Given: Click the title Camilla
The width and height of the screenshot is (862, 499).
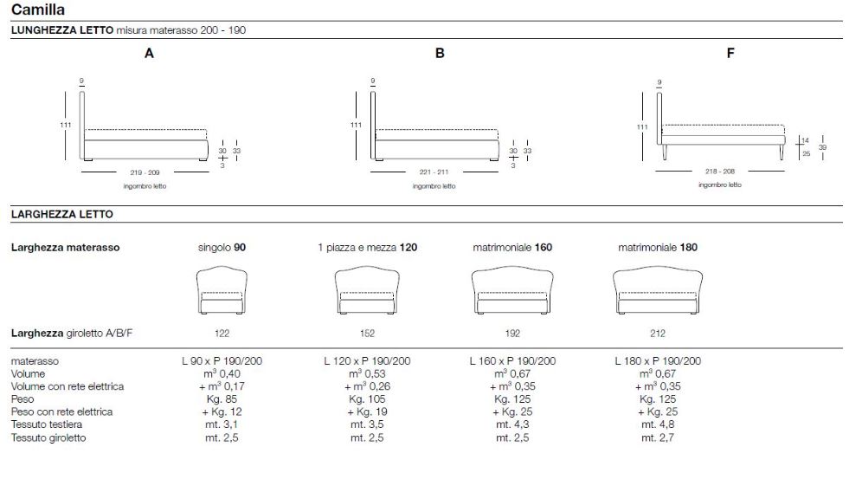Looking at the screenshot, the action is pos(38,10).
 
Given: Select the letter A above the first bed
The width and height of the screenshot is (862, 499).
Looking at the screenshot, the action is pos(149,54).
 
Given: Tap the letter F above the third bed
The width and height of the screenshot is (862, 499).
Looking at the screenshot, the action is pos(730,54).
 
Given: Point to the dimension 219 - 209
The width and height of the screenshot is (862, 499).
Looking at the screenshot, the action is pos(145,172).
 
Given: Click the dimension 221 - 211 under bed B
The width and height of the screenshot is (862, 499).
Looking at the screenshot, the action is pos(434,172).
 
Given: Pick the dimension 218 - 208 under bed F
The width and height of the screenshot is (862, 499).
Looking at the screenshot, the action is pos(720,172).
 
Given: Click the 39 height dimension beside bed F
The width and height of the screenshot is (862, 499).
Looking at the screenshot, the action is pos(822,147).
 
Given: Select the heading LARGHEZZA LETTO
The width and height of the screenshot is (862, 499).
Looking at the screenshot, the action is pos(62,214).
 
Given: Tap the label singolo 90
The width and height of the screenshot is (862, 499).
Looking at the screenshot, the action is pos(222,248).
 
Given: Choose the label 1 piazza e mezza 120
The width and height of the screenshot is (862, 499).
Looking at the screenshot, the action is pos(367,248).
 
